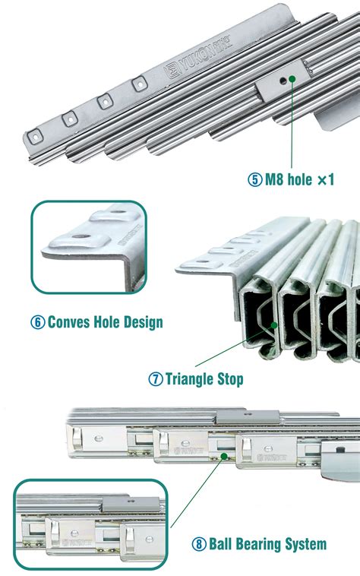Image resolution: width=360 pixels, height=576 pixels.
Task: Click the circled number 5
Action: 254,180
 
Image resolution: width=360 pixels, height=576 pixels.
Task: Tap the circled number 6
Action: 37,322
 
